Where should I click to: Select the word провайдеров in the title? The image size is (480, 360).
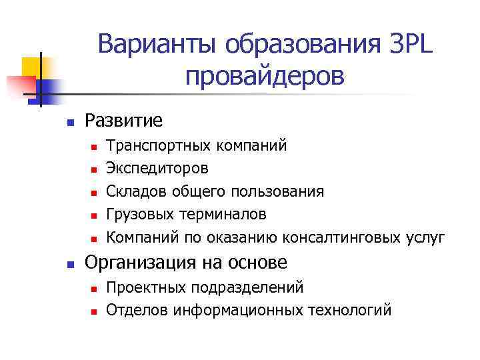(x=265, y=77)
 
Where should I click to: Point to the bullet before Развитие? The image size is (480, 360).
(x=69, y=122)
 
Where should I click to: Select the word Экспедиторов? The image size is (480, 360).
(x=157, y=169)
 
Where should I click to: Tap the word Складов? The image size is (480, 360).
(x=136, y=192)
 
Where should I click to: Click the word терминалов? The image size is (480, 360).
(x=225, y=215)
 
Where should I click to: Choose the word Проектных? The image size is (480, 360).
(x=147, y=287)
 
